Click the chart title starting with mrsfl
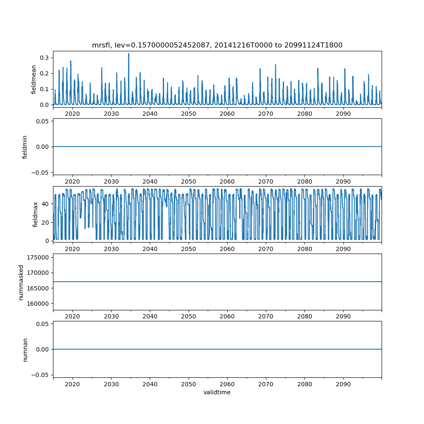pos(217,45)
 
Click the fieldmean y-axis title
pos(33,79)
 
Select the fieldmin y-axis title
pos(25,147)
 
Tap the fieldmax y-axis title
pos(36,214)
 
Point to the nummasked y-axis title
pos(21,282)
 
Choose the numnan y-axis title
pos(25,349)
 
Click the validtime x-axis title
pos(217,392)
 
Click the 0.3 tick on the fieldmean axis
pos(45,58)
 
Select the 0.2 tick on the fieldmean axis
pos(45,73)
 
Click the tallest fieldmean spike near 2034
pos(128,54)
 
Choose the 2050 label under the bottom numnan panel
pos(189,384)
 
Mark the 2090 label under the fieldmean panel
pos(343,114)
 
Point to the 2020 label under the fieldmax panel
pos(73,249)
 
